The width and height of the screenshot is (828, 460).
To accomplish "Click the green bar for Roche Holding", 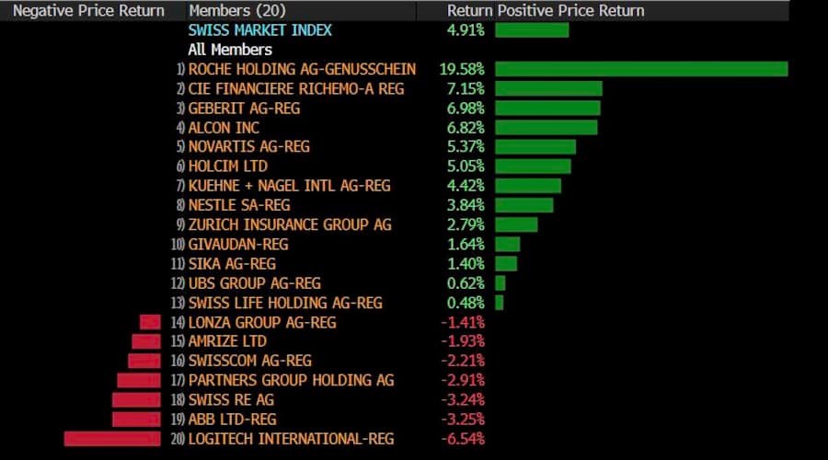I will [x=641, y=69].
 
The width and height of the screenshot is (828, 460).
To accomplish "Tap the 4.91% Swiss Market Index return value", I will [x=466, y=29].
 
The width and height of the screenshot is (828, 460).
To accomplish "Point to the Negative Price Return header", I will [x=89, y=11].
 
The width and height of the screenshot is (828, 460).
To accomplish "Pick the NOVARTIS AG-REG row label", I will [x=248, y=146].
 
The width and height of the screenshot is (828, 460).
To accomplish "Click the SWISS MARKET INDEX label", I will [x=259, y=29].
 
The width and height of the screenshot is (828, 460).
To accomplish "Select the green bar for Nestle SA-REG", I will [x=524, y=205].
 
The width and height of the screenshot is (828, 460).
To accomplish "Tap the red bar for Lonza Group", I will [x=150, y=322].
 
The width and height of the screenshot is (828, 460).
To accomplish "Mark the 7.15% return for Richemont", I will [x=466, y=88].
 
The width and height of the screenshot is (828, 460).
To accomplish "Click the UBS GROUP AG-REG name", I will [x=255, y=283].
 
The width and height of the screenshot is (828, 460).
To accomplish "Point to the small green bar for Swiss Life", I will [x=500, y=303].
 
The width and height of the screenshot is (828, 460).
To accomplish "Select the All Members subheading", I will [x=230, y=50].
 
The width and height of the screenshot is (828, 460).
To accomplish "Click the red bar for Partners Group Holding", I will [x=139, y=380].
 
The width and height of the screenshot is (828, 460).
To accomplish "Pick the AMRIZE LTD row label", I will [x=227, y=341].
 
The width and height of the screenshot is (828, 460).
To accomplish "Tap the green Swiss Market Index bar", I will [x=532, y=29].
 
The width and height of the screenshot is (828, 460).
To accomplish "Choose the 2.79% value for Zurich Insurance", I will [x=466, y=224].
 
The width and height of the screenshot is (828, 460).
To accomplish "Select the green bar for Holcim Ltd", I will [x=533, y=167].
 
